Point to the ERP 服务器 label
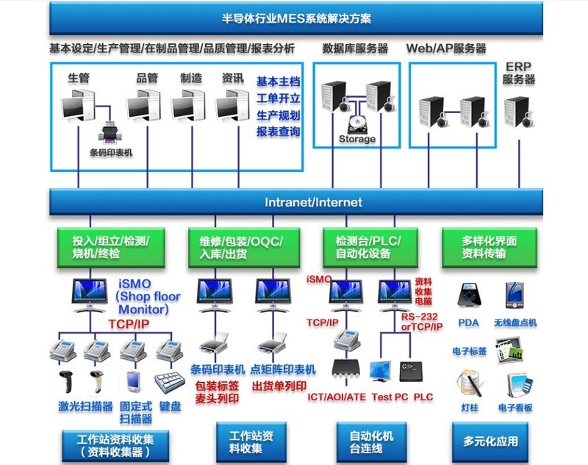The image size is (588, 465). [518, 73]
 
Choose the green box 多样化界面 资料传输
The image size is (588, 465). [484, 248]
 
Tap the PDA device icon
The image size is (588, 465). [468, 295]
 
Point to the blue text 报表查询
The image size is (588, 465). [278, 131]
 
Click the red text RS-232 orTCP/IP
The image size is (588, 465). [422, 322]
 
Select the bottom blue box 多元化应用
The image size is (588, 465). [490, 441]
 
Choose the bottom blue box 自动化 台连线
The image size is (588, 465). [371, 441]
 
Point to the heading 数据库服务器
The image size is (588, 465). [355, 49]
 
